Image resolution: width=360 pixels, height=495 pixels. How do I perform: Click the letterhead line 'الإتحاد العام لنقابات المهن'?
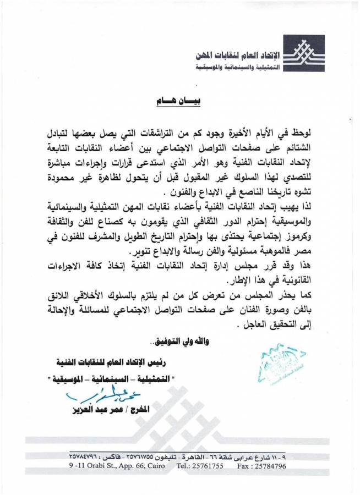click(238, 56)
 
